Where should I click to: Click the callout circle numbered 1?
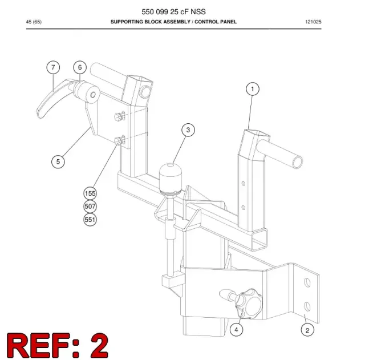click(253, 89)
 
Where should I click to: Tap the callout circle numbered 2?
click(307, 330)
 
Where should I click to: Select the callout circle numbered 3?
click(188, 130)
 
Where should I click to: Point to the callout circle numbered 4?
click(236, 330)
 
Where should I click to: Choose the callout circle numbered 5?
click(58, 161)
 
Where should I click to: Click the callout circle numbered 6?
click(80, 67)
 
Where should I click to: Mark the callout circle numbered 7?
click(53, 67)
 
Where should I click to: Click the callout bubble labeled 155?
click(90, 193)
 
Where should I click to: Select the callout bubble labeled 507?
click(90, 207)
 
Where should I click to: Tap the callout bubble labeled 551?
click(90, 220)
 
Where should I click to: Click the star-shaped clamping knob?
click(249, 304)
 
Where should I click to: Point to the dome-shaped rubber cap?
click(170, 178)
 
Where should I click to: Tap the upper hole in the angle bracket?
click(307, 282)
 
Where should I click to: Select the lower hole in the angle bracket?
click(307, 306)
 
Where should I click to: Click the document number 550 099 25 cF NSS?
click(173, 11)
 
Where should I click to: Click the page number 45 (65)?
click(34, 22)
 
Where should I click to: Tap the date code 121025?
click(313, 22)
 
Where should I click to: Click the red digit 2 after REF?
click(99, 346)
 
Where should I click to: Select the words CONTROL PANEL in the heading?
click(216, 22)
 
